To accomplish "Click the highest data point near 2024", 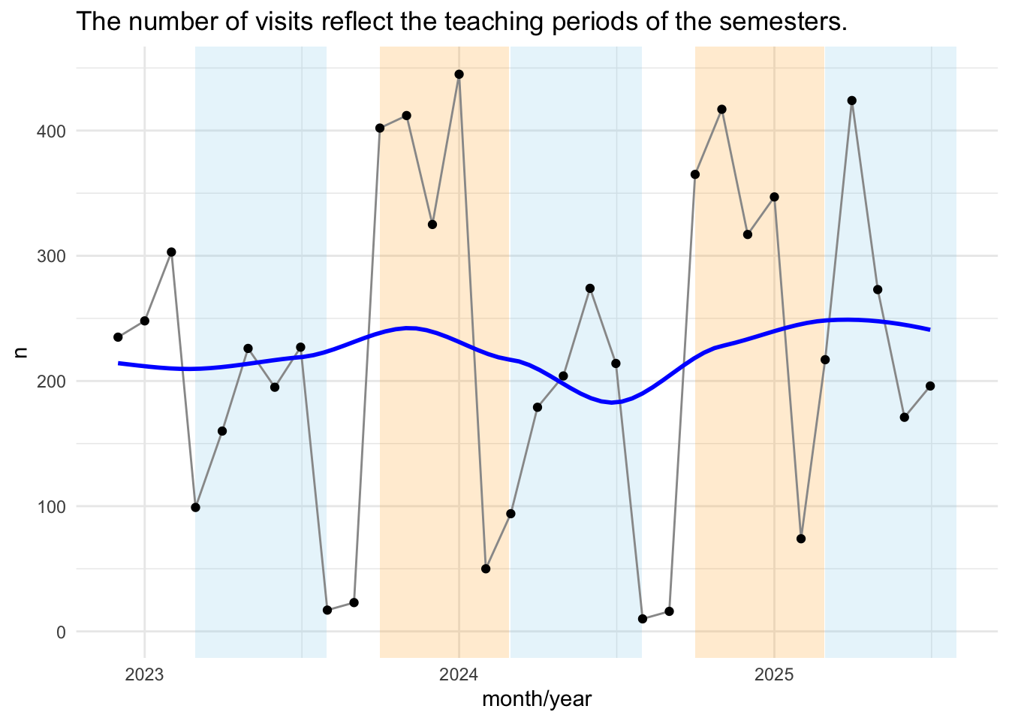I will pyautogui.click(x=459, y=74).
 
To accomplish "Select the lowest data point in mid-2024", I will pyautogui.click(x=642, y=619).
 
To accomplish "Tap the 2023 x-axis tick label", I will pyautogui.click(x=144, y=674).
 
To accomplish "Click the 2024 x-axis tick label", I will pyautogui.click(x=459, y=674).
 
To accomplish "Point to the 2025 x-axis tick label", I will pyautogui.click(x=774, y=674).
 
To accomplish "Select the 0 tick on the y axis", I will pyautogui.click(x=61, y=632).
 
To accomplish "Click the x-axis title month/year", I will pyautogui.click(x=537, y=700).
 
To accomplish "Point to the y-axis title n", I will pyautogui.click(x=21, y=350).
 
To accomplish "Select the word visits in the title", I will pyautogui.click(x=276, y=23).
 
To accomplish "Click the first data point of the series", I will pyautogui.click(x=118, y=337).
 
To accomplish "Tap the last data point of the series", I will pyautogui.click(x=930, y=386).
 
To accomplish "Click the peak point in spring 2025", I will pyautogui.click(x=851, y=101).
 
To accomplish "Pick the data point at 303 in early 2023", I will pyautogui.click(x=171, y=252).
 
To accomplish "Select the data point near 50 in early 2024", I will pyautogui.click(x=486, y=569).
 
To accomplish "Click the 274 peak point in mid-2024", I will pyautogui.click(x=590, y=288).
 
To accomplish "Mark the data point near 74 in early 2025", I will pyautogui.click(x=801, y=538).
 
